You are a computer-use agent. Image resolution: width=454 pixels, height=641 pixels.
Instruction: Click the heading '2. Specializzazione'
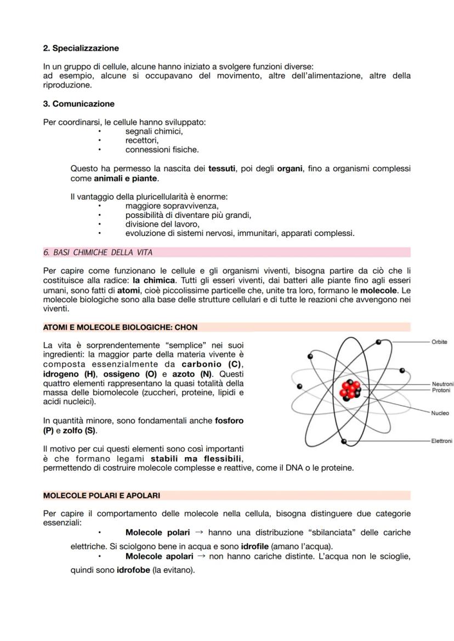tap(81, 48)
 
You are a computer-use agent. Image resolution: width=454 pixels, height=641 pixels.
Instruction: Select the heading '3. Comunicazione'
tap(78, 103)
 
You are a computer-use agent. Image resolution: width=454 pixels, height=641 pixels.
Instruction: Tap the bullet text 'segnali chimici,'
tap(154, 131)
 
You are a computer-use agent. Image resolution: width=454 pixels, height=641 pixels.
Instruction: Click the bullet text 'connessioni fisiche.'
tap(162, 149)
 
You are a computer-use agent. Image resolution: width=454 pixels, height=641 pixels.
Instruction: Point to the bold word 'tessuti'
tap(222, 169)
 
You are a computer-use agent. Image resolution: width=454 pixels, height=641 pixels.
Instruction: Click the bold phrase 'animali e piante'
tap(126, 178)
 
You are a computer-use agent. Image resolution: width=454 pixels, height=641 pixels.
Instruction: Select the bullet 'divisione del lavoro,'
tap(162, 224)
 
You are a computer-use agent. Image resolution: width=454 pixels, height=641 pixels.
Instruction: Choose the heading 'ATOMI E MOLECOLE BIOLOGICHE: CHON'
tap(120, 327)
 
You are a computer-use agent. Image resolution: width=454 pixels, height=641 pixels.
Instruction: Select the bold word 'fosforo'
tap(229, 420)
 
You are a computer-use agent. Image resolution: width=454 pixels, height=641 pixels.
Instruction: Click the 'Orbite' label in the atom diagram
tap(439, 342)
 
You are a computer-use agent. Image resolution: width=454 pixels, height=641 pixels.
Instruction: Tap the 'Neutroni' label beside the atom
tap(442, 384)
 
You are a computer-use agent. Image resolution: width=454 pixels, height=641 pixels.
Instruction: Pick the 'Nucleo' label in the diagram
tap(439, 413)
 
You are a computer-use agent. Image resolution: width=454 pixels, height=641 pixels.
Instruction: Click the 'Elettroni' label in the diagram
tap(441, 441)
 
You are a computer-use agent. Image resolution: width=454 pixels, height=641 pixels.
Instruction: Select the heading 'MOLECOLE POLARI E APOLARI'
tap(101, 495)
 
